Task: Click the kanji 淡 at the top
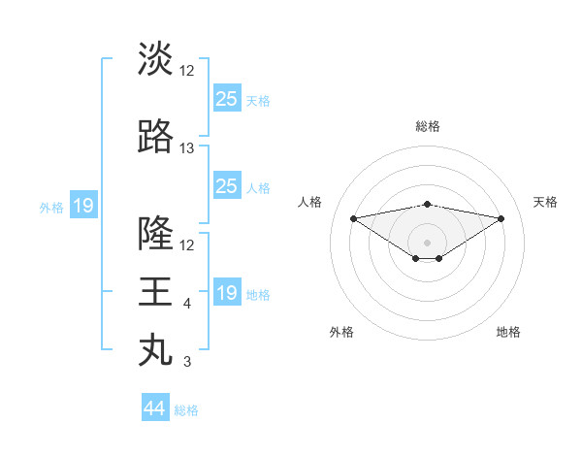click(155, 58)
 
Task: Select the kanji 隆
click(155, 233)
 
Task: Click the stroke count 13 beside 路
click(187, 148)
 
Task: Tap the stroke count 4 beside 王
click(187, 304)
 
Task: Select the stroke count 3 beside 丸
click(187, 363)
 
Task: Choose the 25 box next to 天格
click(227, 99)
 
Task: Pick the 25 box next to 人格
click(227, 186)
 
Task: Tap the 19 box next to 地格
click(227, 293)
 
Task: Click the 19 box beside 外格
click(83, 206)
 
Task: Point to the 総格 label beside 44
click(186, 410)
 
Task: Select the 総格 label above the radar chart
click(427, 126)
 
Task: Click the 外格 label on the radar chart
click(341, 332)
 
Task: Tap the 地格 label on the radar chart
click(508, 332)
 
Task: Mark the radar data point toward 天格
click(501, 218)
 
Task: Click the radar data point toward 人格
click(353, 217)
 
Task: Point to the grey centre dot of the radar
click(427, 242)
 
